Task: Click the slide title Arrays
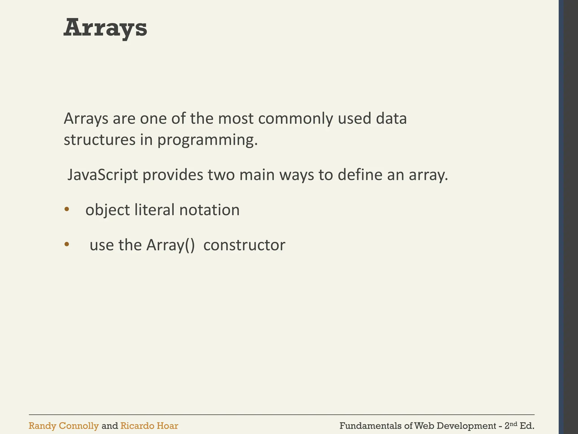[105, 28]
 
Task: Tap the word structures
[99, 140]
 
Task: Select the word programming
[207, 140]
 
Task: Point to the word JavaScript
[103, 175]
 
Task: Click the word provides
[173, 175]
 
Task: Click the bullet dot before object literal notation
[67, 209]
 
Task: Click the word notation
[209, 210]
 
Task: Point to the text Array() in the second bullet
[170, 245]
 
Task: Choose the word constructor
[244, 245]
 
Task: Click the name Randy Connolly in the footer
[64, 426]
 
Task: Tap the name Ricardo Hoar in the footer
[149, 426]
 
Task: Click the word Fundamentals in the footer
[370, 426]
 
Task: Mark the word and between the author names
[110, 426]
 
